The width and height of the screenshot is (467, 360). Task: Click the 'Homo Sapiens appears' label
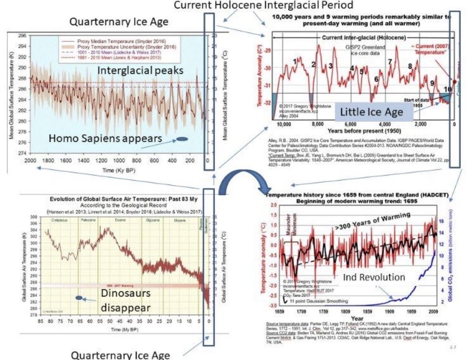[x=105, y=139]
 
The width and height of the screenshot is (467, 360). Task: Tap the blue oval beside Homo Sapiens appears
[x=182, y=139]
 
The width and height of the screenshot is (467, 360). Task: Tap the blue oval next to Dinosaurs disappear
[x=79, y=298]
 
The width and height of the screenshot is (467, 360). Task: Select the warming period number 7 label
[x=390, y=62]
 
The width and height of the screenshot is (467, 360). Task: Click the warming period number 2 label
[x=313, y=64]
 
